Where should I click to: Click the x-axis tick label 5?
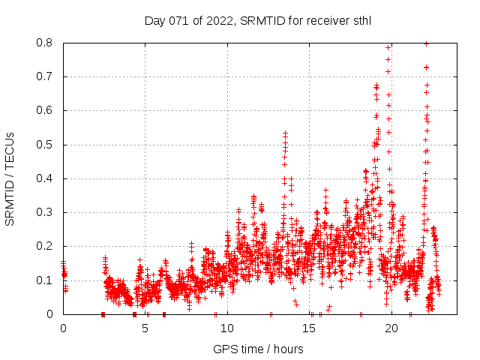(x=145, y=328)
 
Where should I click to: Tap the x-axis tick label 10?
(x=227, y=328)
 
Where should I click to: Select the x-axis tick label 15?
(x=310, y=328)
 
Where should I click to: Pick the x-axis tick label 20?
(x=391, y=328)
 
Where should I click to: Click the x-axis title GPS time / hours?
(x=258, y=349)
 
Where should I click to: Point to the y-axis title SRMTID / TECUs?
(x=10, y=178)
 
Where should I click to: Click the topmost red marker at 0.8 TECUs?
(x=426, y=43)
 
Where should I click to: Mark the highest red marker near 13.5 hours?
(x=285, y=132)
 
